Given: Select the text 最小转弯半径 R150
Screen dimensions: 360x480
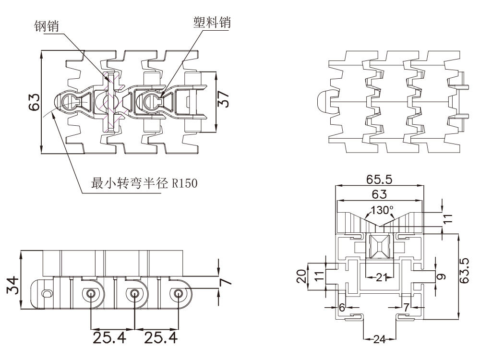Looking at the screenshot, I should tap(144, 183).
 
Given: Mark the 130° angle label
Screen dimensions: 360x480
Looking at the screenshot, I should tap(382, 210).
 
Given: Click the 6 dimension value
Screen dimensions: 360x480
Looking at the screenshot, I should tap(342, 307).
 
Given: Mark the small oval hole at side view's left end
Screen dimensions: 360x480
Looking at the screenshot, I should tap(46, 293).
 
